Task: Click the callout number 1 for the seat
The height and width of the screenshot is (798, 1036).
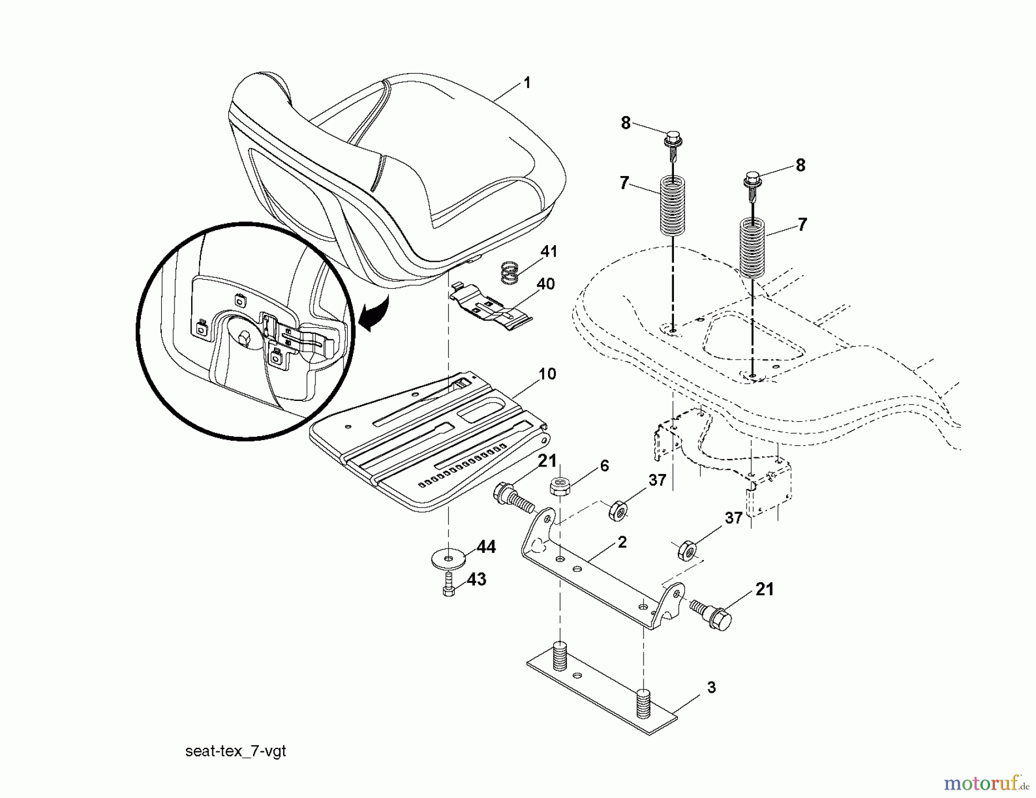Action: (526, 83)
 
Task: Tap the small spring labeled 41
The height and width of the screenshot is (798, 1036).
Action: (508, 273)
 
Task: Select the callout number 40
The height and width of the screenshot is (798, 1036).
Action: (545, 284)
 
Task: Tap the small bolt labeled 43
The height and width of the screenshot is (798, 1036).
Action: (449, 588)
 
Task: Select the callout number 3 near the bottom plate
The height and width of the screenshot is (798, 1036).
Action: (711, 688)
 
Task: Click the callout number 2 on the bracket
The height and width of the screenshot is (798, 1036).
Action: (622, 542)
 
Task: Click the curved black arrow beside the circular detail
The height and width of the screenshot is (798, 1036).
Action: (373, 315)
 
